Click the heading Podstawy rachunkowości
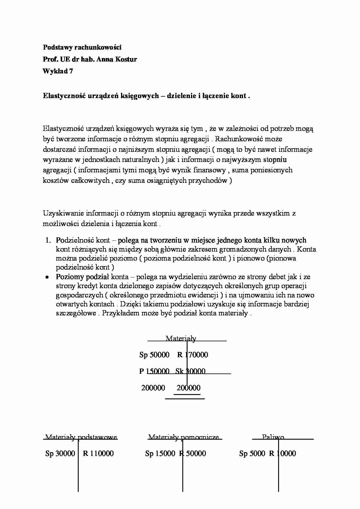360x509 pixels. (82, 47)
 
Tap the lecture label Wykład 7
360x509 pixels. (58, 71)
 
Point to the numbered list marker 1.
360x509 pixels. (48, 240)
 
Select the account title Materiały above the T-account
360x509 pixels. (181, 338)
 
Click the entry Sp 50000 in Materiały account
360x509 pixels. (154, 355)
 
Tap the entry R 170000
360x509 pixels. (192, 355)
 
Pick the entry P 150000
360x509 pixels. (154, 371)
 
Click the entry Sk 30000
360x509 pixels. (190, 371)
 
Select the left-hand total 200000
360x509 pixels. (153, 388)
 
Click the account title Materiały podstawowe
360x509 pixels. (81, 437)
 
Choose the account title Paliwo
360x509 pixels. (273, 437)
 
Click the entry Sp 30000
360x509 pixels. (60, 453)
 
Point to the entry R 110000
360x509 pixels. (98, 453)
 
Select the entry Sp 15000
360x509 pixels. (160, 453)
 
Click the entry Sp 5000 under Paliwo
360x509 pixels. (252, 453)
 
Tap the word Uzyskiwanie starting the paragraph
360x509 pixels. (65, 213)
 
